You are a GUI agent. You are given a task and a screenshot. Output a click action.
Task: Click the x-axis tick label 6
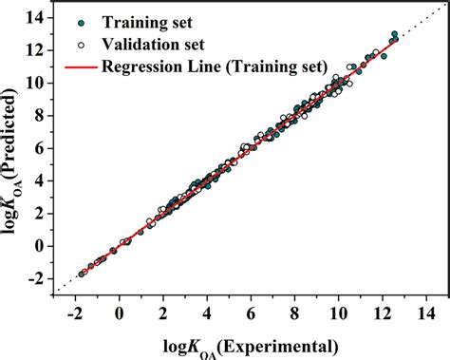(x=251, y=313)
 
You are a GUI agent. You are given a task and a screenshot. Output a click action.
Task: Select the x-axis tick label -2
(x=74, y=313)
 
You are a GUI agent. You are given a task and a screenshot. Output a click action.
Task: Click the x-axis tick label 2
(x=163, y=313)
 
